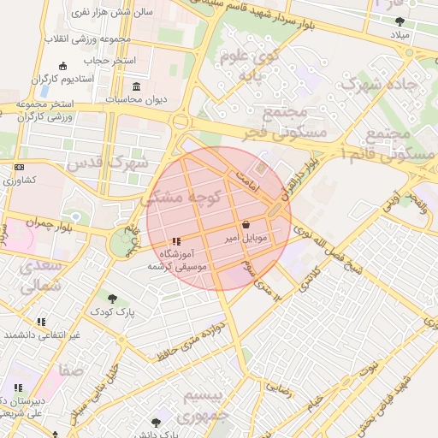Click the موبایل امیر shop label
pos(251,235)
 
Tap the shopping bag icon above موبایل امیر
pos(246,223)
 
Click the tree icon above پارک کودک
pos(112,299)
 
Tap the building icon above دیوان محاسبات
pos(138,86)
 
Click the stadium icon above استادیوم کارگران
pos(62,67)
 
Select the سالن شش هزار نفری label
pos(122,14)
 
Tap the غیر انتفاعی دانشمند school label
pos(41,334)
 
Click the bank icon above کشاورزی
pos(20,168)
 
